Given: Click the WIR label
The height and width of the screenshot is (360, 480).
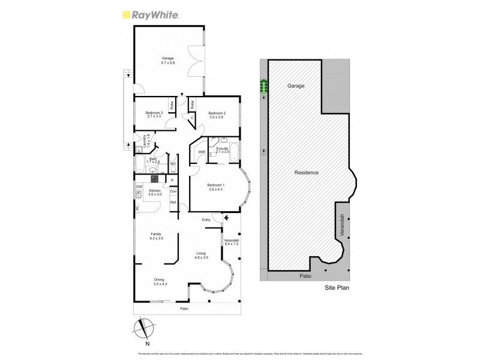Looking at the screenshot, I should tap(202, 152).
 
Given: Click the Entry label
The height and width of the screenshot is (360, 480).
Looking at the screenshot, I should tap(206, 220).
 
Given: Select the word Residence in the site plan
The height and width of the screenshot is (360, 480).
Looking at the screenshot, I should tap(306, 173).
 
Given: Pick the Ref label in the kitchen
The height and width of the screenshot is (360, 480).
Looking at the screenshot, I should tap(173, 203).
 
